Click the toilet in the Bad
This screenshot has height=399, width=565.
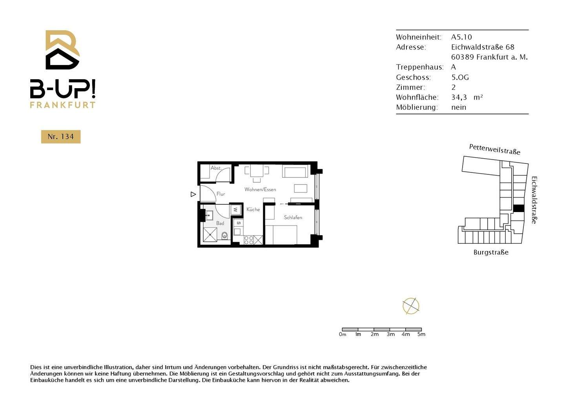point(224,236)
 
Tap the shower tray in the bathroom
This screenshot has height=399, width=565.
point(210,234)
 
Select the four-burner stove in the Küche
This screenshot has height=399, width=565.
point(249,240)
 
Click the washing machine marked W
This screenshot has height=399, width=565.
point(235,210)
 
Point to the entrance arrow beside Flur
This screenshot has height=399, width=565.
point(193,194)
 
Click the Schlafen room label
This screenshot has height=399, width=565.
point(293,218)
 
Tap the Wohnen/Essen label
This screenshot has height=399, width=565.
point(260,189)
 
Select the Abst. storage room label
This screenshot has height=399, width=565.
point(216,168)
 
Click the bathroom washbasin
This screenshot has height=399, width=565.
point(208,215)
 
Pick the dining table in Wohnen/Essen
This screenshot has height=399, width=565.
point(257,171)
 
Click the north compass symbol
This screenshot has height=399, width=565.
point(411,306)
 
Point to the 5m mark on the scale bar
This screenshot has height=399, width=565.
point(421,334)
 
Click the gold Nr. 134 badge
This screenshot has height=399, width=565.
point(61,137)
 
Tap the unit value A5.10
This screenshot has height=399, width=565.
point(461,37)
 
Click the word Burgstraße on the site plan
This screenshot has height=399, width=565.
point(491,252)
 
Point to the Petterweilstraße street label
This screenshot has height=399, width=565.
point(494,149)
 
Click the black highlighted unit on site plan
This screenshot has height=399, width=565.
point(519,209)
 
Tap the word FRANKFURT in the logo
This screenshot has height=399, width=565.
point(63,105)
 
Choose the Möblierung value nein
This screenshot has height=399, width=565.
point(459,107)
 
